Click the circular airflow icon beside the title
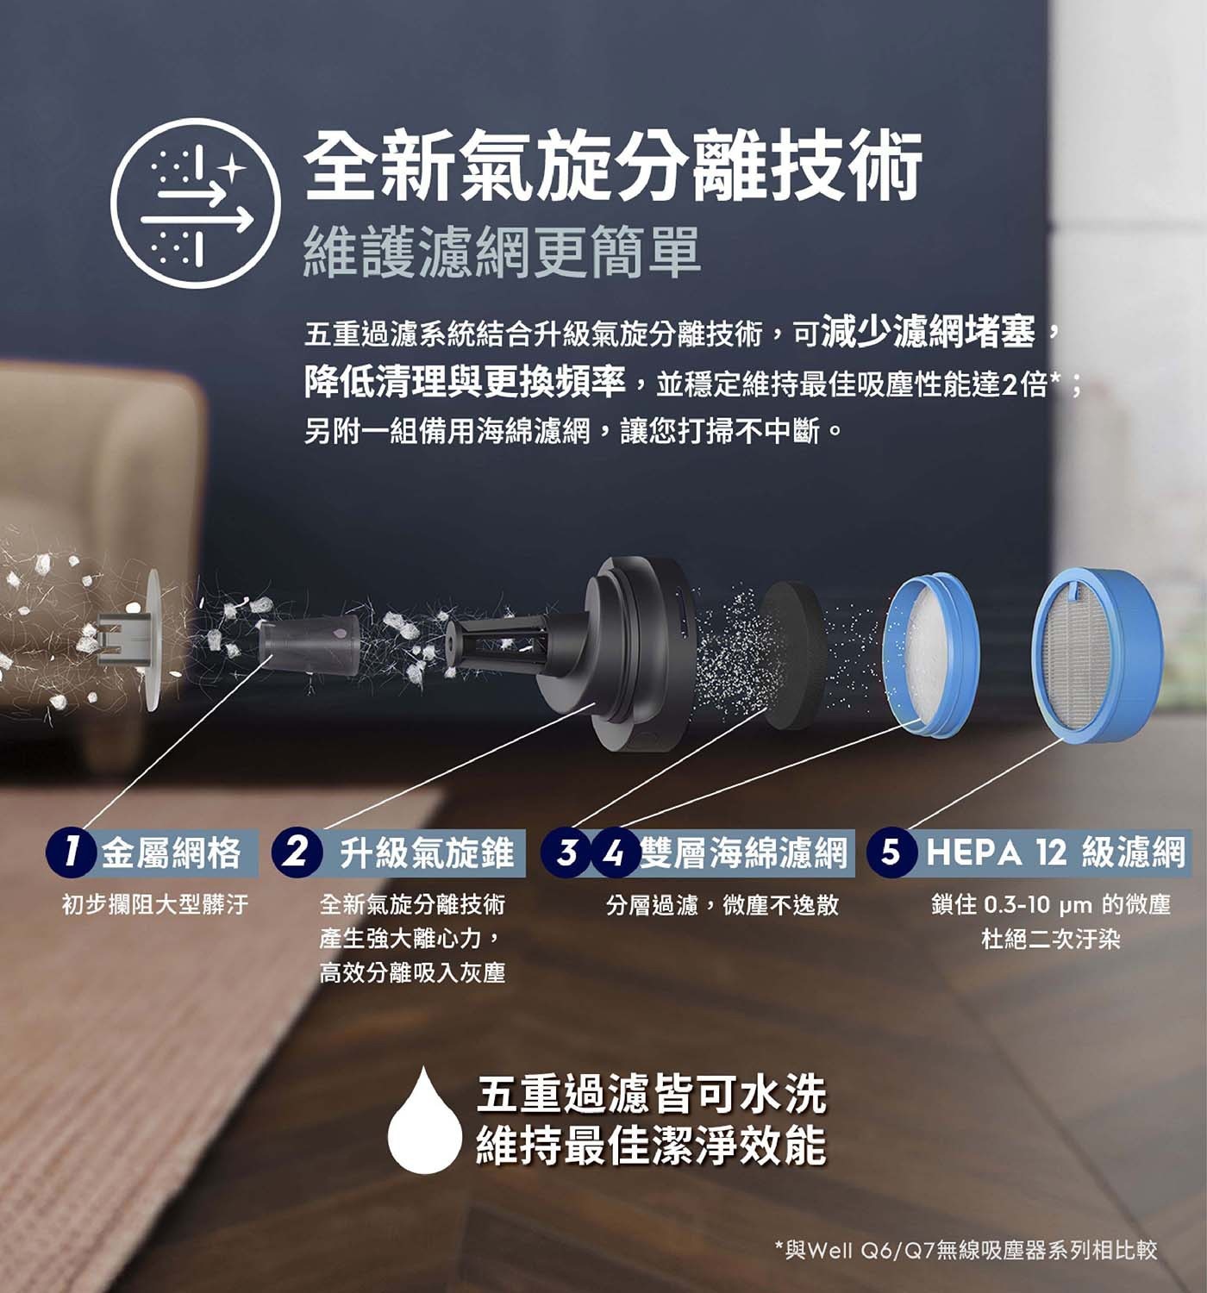(x=196, y=203)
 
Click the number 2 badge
(x=297, y=853)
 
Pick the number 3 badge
(x=566, y=853)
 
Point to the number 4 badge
(x=614, y=853)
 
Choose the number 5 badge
(x=891, y=853)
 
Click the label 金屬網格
(x=171, y=853)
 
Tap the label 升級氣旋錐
(x=427, y=853)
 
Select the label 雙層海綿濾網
(x=744, y=853)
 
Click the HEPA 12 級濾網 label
(x=1054, y=853)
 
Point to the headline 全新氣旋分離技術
(x=613, y=166)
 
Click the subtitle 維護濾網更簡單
(x=502, y=252)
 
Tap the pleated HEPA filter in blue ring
(x=1098, y=655)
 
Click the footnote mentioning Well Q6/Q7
(x=966, y=1249)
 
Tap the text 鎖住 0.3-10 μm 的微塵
(x=1051, y=904)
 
